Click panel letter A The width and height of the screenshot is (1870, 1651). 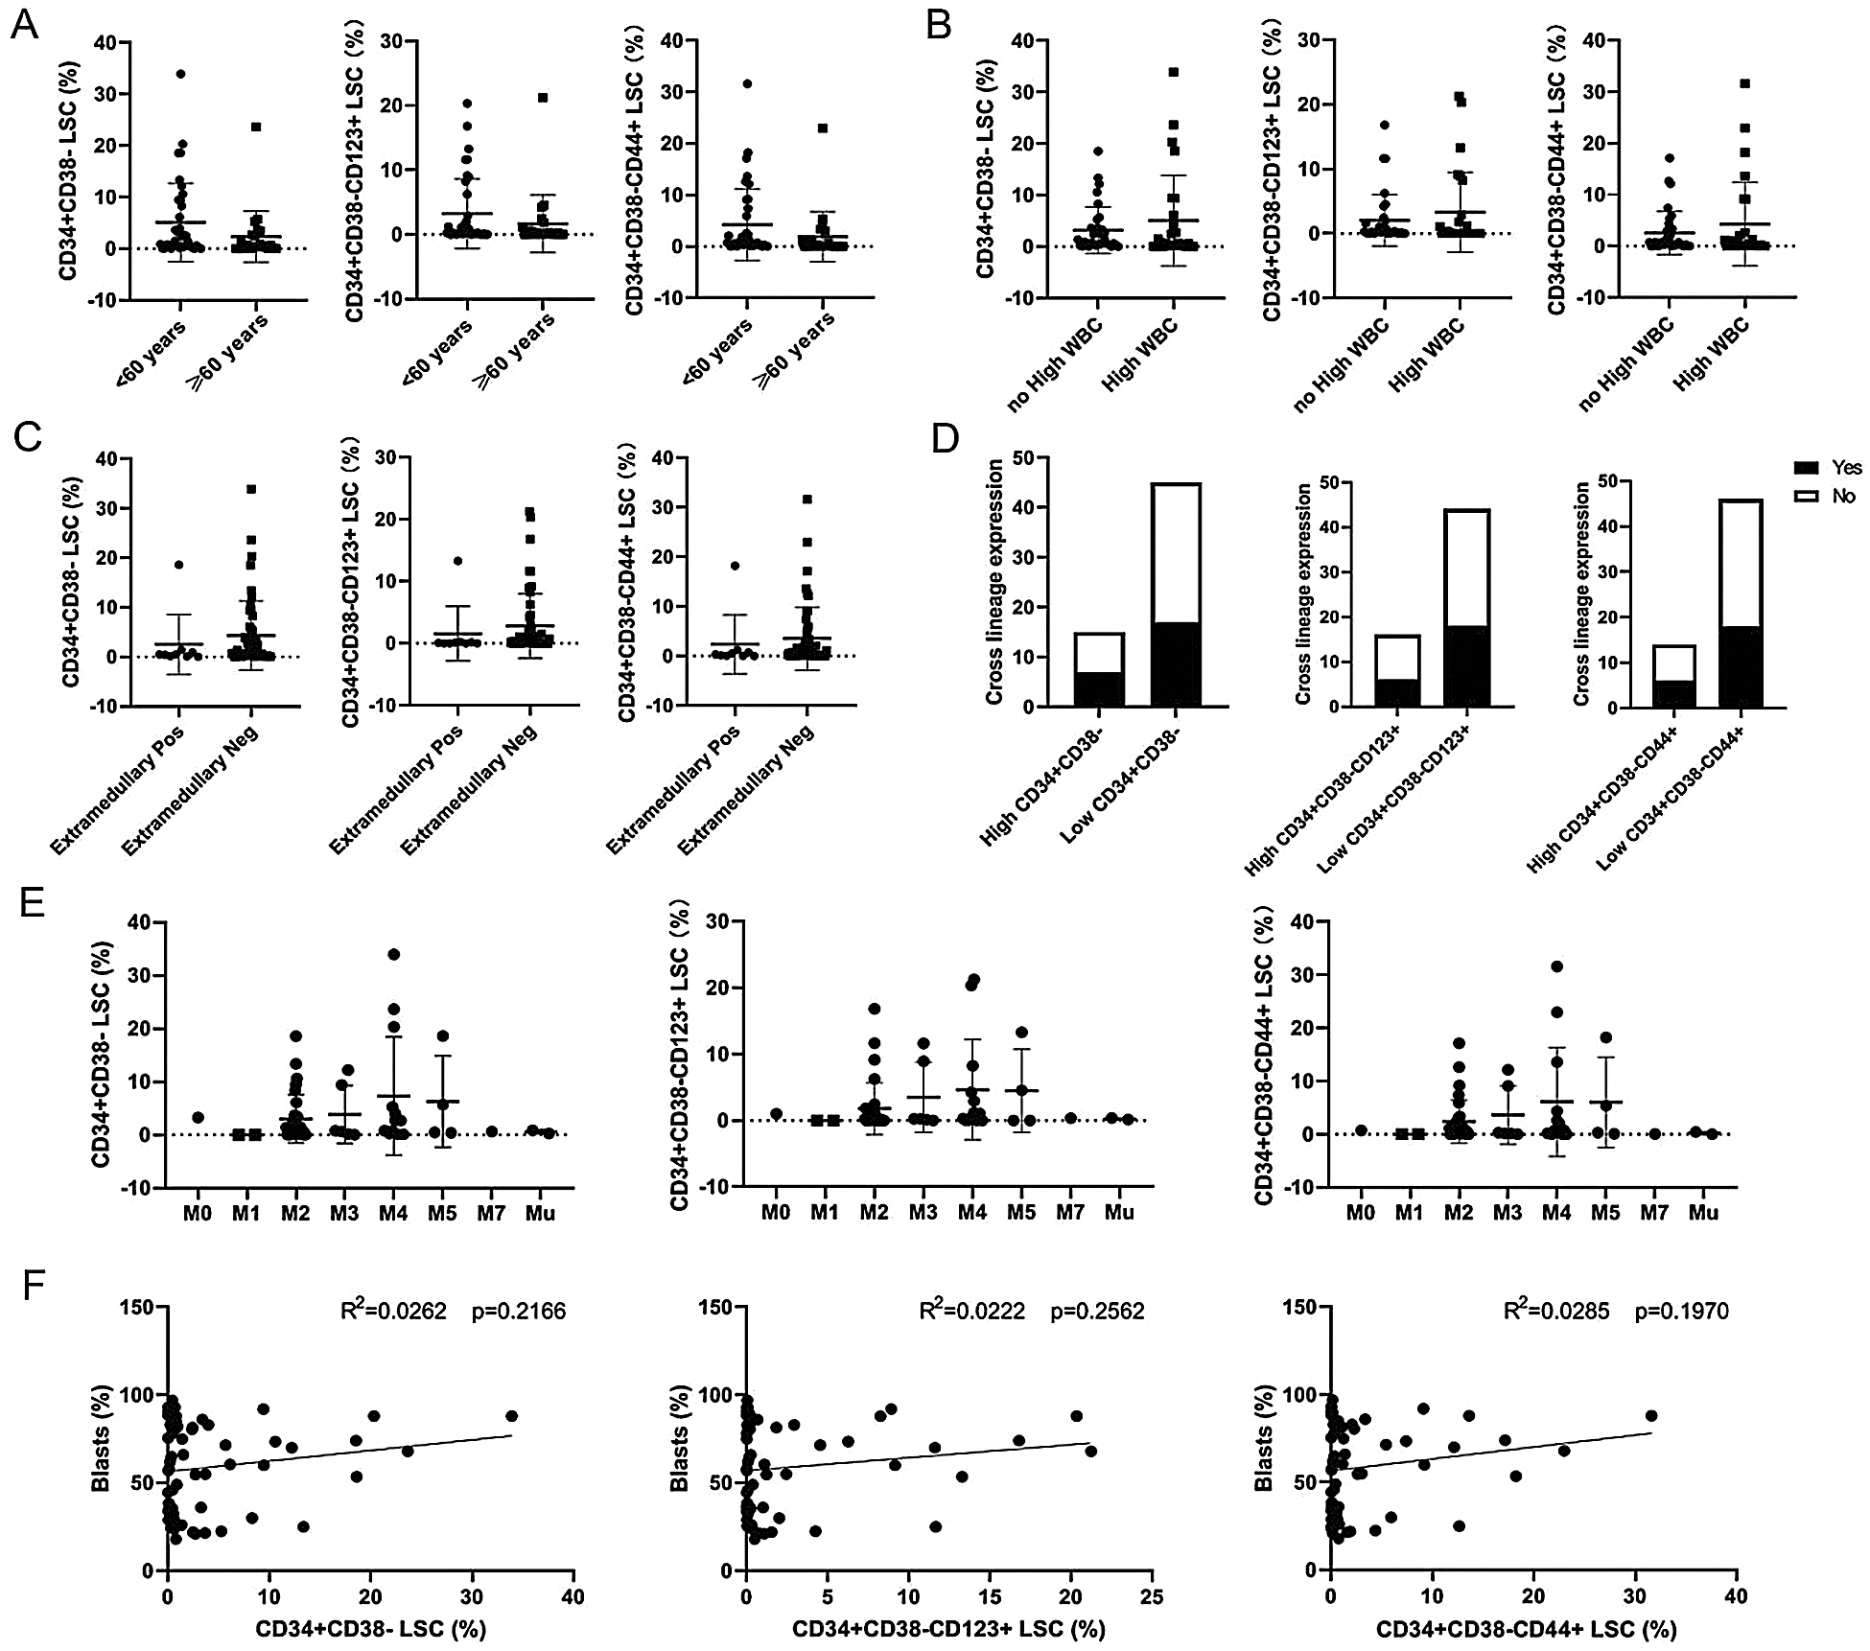25,25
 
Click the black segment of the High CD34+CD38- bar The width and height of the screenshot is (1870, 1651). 1099,689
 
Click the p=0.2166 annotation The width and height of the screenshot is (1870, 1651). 518,1311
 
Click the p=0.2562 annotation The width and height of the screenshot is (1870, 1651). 1097,1311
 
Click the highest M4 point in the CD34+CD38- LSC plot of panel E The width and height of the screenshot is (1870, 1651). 393,954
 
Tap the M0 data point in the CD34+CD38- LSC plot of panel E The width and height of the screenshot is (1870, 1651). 198,1117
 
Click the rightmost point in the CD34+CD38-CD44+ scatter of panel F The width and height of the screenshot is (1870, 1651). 1651,1415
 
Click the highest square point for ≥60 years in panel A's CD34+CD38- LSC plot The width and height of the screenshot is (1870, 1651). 256,127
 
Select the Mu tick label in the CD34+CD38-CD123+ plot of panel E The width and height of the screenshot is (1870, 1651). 1118,1213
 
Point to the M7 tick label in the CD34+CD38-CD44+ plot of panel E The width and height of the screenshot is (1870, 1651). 1654,1213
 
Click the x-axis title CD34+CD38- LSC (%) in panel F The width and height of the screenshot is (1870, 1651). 370,1629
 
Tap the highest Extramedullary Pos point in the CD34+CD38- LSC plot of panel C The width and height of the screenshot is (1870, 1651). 178,565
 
